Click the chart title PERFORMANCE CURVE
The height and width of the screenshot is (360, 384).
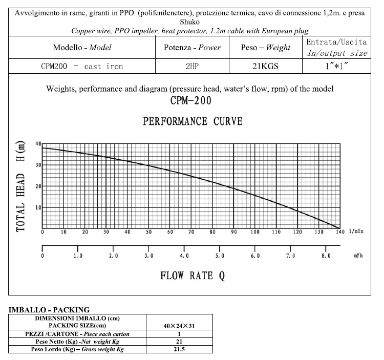pos(193,121)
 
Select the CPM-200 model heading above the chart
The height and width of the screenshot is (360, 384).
pos(190,100)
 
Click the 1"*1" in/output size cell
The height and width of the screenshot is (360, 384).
pos(336,67)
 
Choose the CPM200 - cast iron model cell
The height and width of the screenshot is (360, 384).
pos(82,67)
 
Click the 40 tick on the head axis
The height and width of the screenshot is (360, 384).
pos(38,143)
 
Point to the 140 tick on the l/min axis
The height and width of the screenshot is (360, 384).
pos(339,232)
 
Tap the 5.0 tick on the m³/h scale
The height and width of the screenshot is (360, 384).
pos(220,256)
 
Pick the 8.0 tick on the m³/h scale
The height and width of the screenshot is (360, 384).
pos(326,256)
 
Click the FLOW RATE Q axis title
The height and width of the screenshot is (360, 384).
pos(193,276)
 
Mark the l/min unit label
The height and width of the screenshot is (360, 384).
pos(356,232)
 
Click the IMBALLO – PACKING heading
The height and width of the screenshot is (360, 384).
pos(49,309)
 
